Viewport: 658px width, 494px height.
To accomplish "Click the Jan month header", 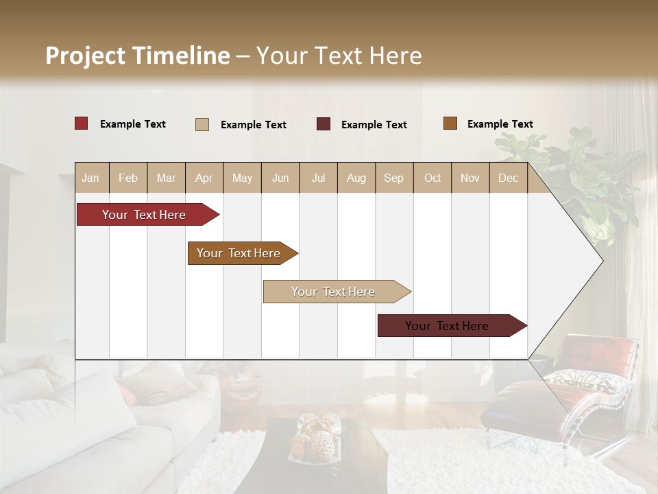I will point(90,178).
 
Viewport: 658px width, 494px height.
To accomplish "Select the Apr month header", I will point(204,178).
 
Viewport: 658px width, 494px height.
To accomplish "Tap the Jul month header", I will point(318,178).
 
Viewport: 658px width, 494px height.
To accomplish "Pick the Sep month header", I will point(393,178).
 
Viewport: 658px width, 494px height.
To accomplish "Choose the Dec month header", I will point(508,178).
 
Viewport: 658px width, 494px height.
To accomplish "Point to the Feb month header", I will point(128,178).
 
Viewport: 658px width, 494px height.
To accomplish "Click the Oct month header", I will point(432,178).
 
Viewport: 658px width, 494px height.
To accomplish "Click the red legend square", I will point(82,123).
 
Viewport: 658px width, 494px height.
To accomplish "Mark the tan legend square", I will point(202,124).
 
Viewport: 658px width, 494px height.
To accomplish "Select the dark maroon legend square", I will point(324,124).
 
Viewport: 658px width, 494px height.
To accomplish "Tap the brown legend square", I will point(450,123).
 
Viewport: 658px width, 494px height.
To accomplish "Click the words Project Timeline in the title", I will point(138,56).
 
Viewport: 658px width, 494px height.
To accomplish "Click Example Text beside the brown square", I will point(500,124).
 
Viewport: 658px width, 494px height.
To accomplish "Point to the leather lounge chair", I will point(562,391).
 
